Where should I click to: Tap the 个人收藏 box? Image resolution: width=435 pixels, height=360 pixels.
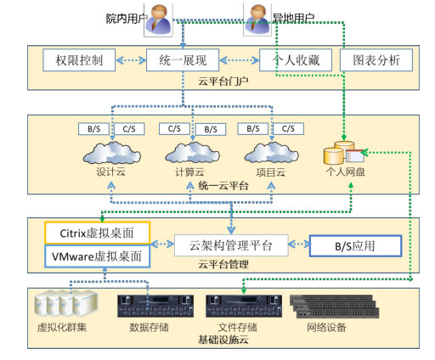tap(295, 60)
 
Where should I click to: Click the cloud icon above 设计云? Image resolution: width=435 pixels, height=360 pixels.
tap(113, 154)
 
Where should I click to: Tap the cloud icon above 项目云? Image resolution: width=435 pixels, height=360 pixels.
tap(269, 154)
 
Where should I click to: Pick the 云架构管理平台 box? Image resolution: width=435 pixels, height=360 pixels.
tap(229, 246)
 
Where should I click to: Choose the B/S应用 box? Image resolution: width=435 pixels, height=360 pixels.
tap(354, 246)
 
